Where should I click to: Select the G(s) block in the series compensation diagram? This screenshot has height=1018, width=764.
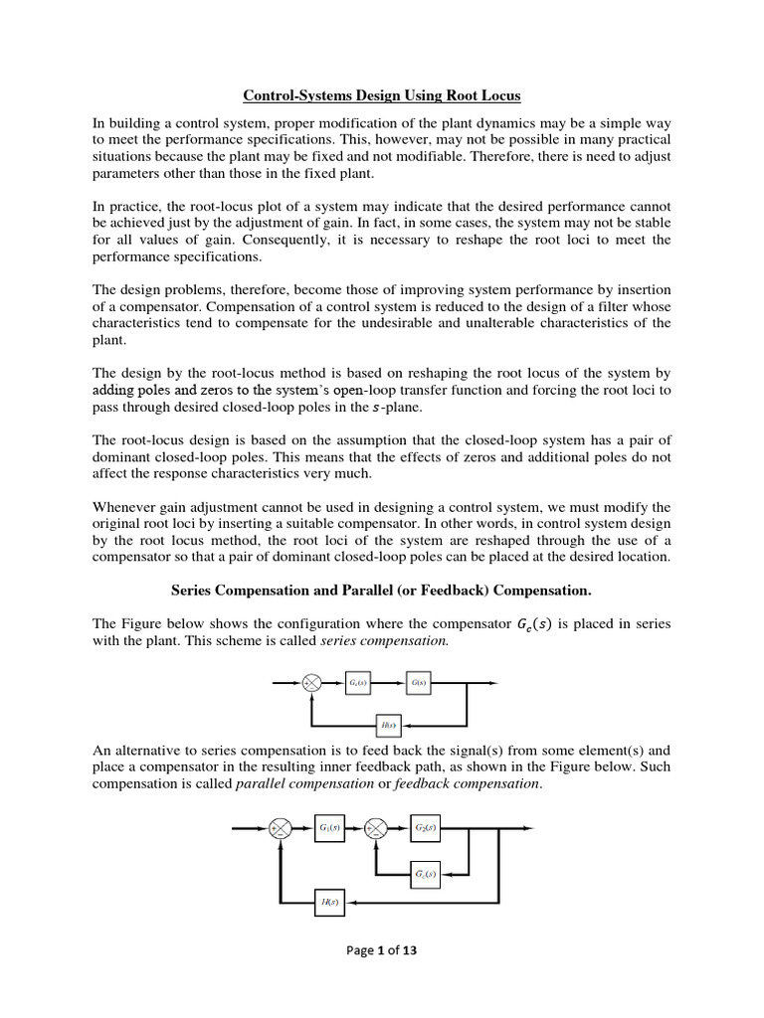coord(419,683)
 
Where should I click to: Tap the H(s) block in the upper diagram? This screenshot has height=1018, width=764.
coord(389,725)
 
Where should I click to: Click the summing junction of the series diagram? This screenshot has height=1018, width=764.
coord(311,683)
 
